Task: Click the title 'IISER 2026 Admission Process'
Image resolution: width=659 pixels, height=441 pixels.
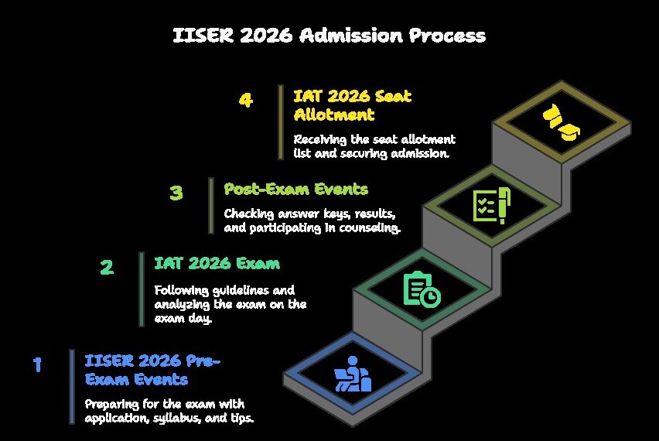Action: [x=329, y=36]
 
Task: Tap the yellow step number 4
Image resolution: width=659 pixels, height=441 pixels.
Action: [x=246, y=100]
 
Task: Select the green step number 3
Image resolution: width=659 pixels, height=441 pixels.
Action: [x=176, y=193]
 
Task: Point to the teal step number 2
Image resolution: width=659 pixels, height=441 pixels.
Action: [x=107, y=267]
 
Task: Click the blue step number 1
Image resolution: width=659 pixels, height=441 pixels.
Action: [x=37, y=364]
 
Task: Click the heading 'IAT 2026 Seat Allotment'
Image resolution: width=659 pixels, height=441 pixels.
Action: [x=352, y=105]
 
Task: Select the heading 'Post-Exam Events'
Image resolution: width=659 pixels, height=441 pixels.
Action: [x=296, y=190]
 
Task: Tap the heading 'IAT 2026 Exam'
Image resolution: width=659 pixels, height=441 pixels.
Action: [x=217, y=264]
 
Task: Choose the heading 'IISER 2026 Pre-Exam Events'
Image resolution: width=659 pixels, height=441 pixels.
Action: [x=152, y=370]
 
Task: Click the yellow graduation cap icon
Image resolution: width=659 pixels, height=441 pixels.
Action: [x=561, y=122]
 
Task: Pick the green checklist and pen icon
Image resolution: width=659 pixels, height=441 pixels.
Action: [x=492, y=206]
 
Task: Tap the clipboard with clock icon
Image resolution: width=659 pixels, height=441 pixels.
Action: [x=422, y=289]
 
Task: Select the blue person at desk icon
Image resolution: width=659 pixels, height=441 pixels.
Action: [x=353, y=374]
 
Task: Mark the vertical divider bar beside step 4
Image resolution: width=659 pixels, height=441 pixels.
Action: [x=281, y=122]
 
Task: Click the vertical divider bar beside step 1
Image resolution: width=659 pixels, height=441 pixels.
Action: [x=72, y=387]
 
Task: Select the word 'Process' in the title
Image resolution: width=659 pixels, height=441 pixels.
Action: [x=448, y=36]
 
